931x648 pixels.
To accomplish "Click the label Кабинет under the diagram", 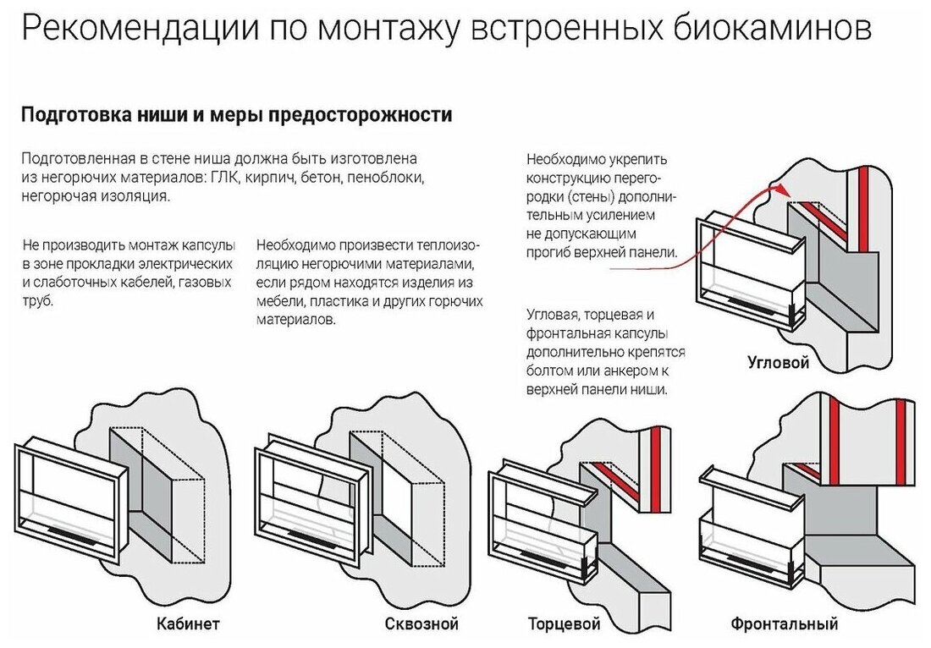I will click(189, 625).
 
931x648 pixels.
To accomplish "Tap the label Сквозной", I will click(421, 625).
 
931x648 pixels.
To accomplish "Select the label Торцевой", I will click(565, 625).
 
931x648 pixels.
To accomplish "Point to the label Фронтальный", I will click(785, 625).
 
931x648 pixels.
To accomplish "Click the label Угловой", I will click(779, 364).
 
